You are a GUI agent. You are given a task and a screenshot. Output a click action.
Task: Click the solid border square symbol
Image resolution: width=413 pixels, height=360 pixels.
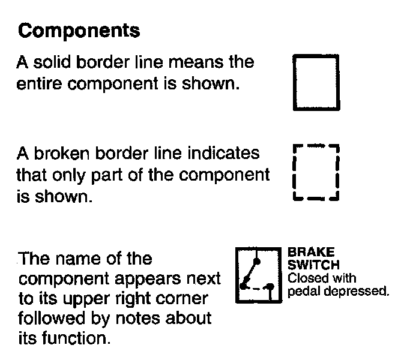pos(316,82)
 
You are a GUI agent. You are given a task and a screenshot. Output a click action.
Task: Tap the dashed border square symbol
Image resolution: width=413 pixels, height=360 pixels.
pos(316,173)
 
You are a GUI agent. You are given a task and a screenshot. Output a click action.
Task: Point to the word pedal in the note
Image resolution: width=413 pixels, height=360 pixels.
pos(303,292)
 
